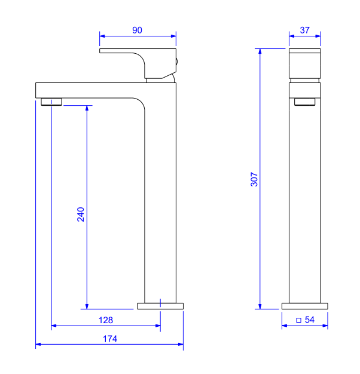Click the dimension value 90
click(137, 30)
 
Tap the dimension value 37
click(304, 30)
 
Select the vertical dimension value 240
click(81, 214)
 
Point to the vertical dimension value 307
click(254, 179)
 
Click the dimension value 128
click(106, 320)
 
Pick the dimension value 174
click(110, 339)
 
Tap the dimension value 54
click(310, 320)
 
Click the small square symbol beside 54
click(298, 320)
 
